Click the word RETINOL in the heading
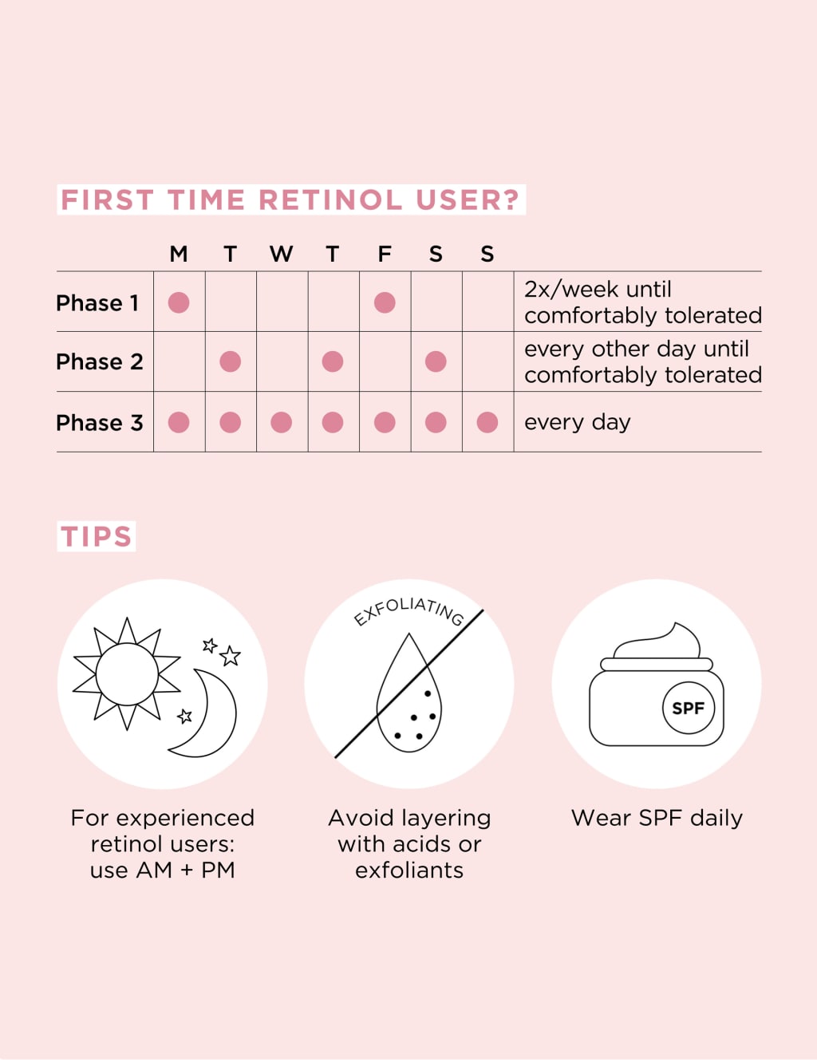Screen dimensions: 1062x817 point(330,199)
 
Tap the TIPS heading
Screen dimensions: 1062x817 point(97,536)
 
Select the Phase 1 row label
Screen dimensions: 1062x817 point(97,303)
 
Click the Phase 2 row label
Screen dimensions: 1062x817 point(100,361)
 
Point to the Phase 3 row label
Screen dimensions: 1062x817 point(100,423)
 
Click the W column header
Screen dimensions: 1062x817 point(281,255)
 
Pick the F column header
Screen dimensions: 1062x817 point(385,255)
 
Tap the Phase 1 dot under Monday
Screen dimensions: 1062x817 point(179,302)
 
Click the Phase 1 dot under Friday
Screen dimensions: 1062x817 point(385,302)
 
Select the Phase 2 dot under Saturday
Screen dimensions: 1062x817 point(436,361)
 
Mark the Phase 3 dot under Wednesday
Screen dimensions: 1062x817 point(281,422)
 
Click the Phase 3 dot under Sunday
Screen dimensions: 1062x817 point(487,422)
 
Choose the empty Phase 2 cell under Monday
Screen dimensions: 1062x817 point(179,361)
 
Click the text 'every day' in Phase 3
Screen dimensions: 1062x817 point(577,422)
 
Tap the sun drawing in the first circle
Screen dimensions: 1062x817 point(127,674)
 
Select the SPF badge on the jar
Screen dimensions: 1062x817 point(688,708)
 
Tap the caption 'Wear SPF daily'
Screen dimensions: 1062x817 point(657,818)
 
